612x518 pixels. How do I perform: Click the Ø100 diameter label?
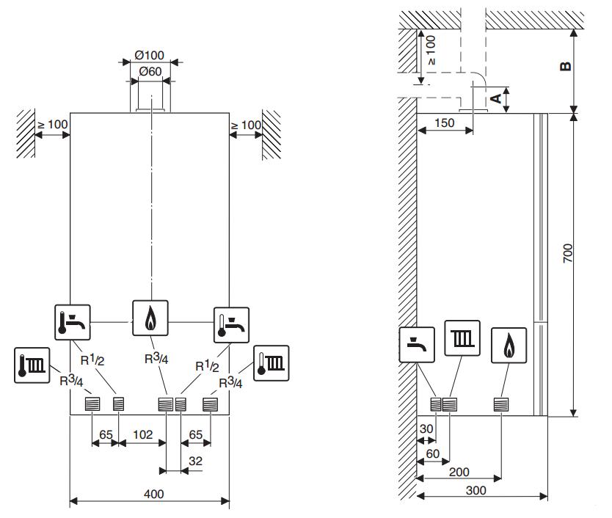pos(150,56)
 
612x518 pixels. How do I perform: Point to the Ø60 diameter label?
pos(150,71)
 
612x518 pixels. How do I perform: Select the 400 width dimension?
pos(153,495)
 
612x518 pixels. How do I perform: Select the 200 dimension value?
pos(459,473)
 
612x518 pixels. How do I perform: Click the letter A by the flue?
pos(496,97)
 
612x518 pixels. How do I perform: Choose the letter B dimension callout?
pos(565,67)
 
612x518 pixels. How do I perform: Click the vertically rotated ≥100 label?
pos(431,51)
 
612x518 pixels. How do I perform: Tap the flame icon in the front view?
pos(150,318)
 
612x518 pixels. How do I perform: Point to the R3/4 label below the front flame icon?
pos(156,359)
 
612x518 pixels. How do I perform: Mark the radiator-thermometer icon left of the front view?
pos(32,365)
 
